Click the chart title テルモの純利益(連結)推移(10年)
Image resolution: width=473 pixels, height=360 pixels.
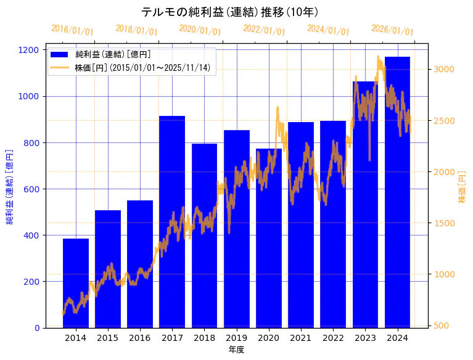[229, 12]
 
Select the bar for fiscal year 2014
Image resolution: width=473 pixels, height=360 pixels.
[76, 283]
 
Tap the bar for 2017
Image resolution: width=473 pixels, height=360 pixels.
[172, 222]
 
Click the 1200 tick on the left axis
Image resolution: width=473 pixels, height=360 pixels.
[34, 50]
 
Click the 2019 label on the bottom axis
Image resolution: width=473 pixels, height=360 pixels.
[236, 338]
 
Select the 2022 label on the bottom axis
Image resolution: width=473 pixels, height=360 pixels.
[333, 338]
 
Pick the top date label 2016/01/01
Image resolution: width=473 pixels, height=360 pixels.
[72, 30]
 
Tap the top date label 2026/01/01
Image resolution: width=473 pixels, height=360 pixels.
[392, 30]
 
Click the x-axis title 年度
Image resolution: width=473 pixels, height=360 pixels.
[236, 350]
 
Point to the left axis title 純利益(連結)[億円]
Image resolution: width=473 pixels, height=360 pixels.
[10, 187]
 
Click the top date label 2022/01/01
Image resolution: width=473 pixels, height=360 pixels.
[264, 30]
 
